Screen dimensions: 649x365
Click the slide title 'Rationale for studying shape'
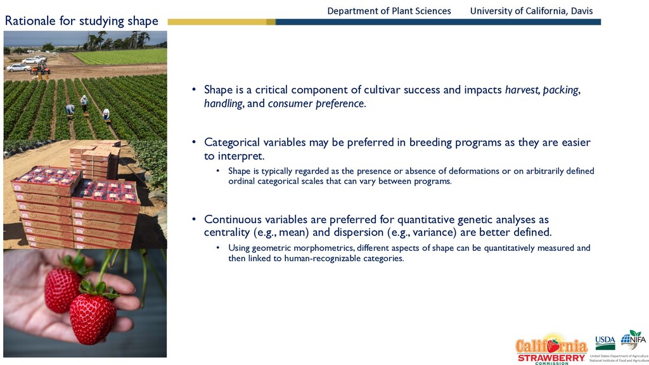tap(82, 21)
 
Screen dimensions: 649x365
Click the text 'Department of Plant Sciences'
tap(389, 11)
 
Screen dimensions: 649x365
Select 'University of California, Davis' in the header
tap(532, 11)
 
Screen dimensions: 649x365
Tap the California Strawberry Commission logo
tap(551, 349)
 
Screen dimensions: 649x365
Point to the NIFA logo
tap(633, 340)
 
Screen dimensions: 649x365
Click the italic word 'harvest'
tap(522, 90)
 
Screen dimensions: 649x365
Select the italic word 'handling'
tap(223, 103)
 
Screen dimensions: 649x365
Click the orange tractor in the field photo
tap(41, 68)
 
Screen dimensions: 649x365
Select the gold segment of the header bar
tap(221, 22)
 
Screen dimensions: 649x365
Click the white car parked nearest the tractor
tap(18, 67)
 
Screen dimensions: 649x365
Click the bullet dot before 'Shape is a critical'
tap(194, 89)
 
